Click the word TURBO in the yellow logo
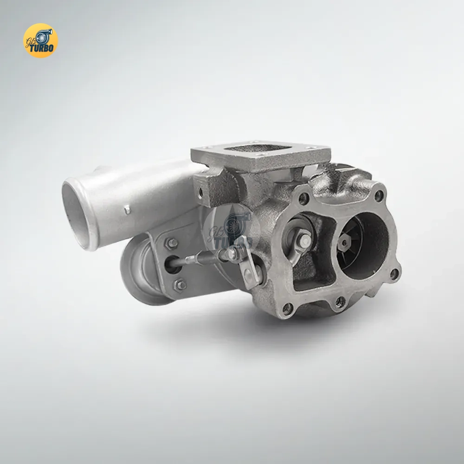(42, 48)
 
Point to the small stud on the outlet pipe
(127, 210)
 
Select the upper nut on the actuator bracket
(171, 243)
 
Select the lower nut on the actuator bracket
(179, 285)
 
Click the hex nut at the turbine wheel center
(344, 242)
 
